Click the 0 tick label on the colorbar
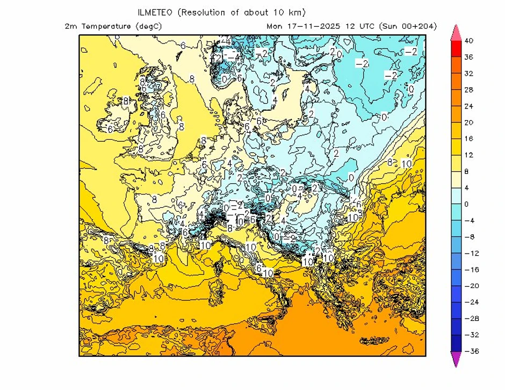(x=466, y=204)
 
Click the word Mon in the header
(x=274, y=26)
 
